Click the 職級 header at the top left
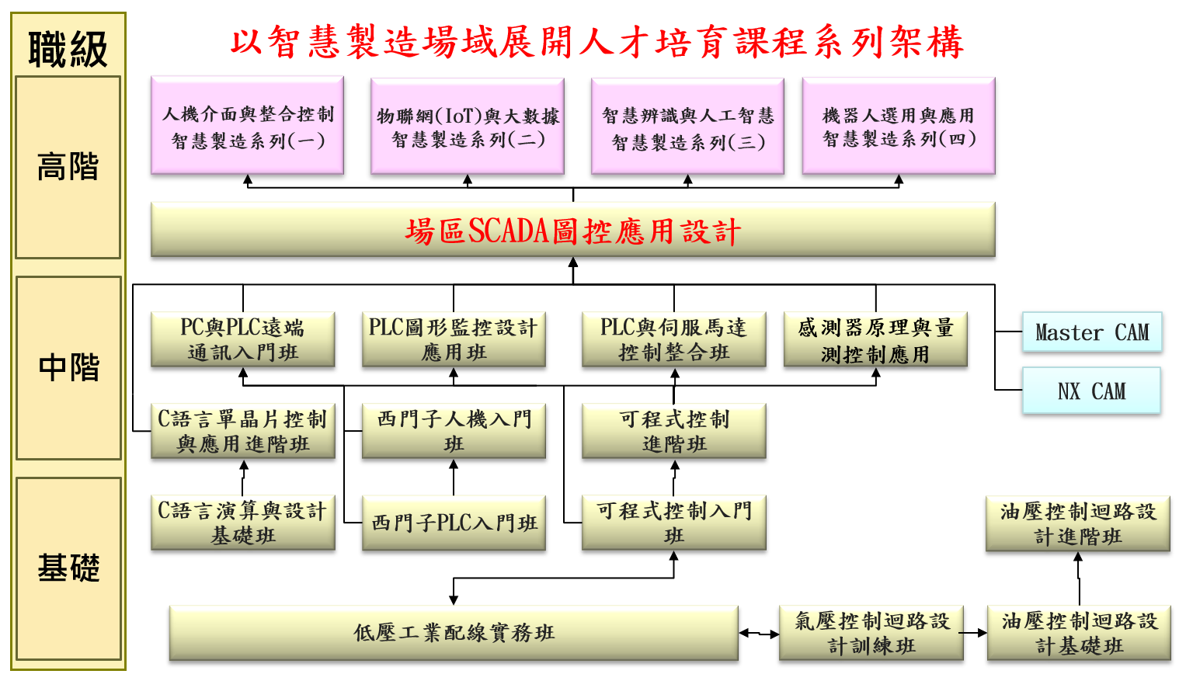click(x=68, y=48)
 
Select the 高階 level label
click(x=68, y=167)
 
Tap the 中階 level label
click(x=69, y=367)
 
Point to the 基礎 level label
click(x=69, y=568)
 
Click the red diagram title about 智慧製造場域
click(x=596, y=42)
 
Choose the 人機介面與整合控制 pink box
click(x=247, y=126)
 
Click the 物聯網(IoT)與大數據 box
click(x=468, y=127)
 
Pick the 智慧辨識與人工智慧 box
click(x=687, y=127)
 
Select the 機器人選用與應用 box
click(x=899, y=126)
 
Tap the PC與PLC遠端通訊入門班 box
click(x=243, y=339)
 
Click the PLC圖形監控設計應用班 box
click(x=454, y=339)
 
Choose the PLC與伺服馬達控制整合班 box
click(x=674, y=339)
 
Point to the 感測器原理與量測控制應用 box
click(x=875, y=340)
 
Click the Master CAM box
click(x=1091, y=332)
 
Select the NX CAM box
click(x=1091, y=391)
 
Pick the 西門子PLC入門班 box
click(x=454, y=523)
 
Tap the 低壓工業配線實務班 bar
click(x=454, y=633)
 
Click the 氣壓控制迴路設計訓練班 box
click(x=871, y=633)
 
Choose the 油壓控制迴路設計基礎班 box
click(x=1079, y=633)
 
